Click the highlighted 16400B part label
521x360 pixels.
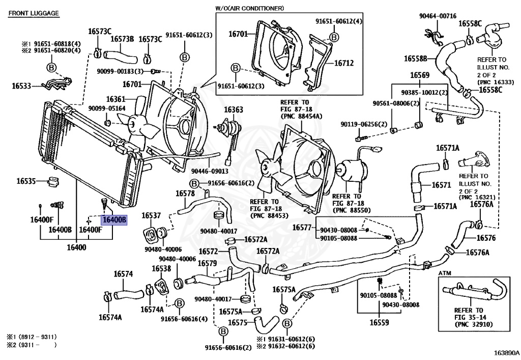[x=114, y=220]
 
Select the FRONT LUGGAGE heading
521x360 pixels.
[x=34, y=13]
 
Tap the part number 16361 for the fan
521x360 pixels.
[x=115, y=99]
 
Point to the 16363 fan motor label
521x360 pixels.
[x=233, y=109]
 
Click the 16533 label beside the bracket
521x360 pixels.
[x=21, y=86]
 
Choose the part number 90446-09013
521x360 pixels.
[x=210, y=171]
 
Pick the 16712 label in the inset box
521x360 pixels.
[x=344, y=63]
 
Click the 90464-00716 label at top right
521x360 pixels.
[x=438, y=16]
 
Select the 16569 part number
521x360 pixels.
[x=420, y=75]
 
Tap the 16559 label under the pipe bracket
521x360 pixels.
[x=379, y=322]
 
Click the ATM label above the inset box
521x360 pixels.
[x=445, y=273]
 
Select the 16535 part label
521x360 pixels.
[x=26, y=181]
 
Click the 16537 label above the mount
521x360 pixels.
[x=151, y=215]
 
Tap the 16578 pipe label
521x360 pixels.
[x=185, y=193]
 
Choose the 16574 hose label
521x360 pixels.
[x=123, y=273]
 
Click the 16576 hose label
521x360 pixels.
[x=486, y=238]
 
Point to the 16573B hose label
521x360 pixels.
[x=122, y=39]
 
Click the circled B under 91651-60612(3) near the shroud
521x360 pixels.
[x=185, y=57]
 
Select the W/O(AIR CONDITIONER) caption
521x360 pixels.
[x=249, y=8]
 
